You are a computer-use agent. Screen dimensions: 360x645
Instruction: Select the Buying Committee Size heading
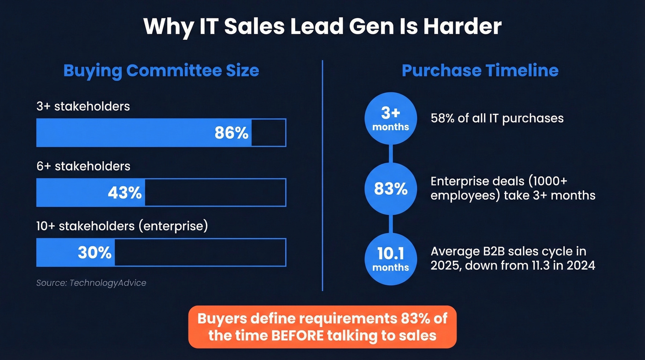(x=161, y=71)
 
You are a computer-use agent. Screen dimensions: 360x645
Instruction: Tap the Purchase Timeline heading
(x=480, y=71)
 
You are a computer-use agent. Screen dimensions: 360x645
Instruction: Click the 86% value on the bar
(x=231, y=133)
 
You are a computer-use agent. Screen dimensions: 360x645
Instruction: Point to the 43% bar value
(x=124, y=193)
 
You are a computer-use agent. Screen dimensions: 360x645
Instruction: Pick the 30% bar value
(x=94, y=253)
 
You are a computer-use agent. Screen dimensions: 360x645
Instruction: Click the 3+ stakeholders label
(x=83, y=106)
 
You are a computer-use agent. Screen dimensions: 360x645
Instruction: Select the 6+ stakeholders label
(x=83, y=166)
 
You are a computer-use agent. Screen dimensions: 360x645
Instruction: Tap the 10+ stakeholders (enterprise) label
(x=122, y=226)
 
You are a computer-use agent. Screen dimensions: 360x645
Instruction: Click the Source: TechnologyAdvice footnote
(x=91, y=283)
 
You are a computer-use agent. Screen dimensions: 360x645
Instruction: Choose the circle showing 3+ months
(x=391, y=119)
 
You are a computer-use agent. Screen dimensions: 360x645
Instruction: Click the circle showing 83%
(x=391, y=189)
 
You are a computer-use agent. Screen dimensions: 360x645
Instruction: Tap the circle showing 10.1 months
(x=391, y=260)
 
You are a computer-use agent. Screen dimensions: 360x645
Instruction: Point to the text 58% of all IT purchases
(x=497, y=118)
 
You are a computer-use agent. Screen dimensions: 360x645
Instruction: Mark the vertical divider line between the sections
(x=322, y=175)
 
